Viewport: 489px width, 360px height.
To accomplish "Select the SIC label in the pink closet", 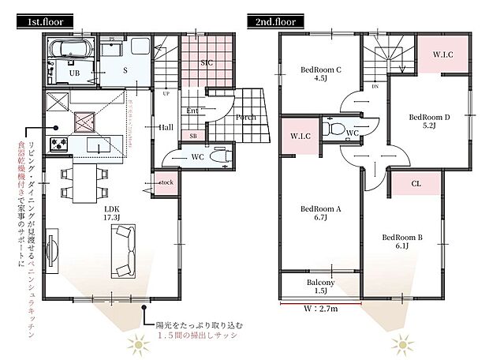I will pyautogui.click(x=207, y=61).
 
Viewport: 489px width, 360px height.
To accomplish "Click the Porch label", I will pyautogui.click(x=244, y=117).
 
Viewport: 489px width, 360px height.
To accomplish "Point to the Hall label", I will pyautogui.click(x=166, y=126).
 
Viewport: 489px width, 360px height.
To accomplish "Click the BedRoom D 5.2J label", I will pyautogui.click(x=429, y=121).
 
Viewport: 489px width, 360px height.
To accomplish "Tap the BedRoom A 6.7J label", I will pyautogui.click(x=320, y=214).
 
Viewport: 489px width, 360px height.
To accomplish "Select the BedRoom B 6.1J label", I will pyautogui.click(x=402, y=241).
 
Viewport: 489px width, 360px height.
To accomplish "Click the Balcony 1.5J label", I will pyautogui.click(x=320, y=287).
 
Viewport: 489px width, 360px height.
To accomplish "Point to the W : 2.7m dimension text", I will pyautogui.click(x=320, y=309).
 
